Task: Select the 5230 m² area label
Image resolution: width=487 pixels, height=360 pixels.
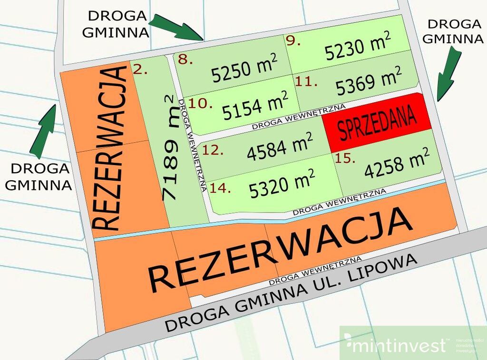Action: tap(358, 47)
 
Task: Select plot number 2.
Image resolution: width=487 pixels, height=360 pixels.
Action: tap(140, 70)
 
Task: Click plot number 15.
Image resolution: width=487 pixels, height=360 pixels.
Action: tap(345, 159)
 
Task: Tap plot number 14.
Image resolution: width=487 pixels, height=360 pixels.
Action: tap(220, 188)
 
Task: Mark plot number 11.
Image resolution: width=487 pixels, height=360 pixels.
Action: tap(306, 81)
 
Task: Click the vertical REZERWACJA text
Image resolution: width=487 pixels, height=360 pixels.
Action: tap(111, 148)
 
